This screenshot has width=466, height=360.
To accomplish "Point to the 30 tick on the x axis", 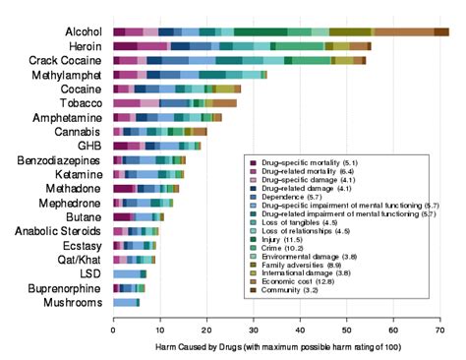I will (x=253, y=330).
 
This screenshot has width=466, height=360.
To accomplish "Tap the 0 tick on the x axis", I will (x=114, y=330).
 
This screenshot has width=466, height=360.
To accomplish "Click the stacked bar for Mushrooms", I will (x=126, y=303).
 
